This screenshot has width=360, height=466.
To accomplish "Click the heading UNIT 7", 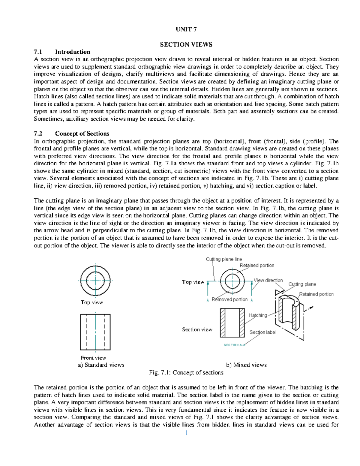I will coord(186,29).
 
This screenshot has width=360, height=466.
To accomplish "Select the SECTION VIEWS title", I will coord(186,44).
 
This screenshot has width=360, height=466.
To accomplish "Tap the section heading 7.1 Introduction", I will coord(62,52).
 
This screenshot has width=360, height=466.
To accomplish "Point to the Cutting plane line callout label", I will coord(224,259).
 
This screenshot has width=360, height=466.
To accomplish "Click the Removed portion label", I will coord(229,299).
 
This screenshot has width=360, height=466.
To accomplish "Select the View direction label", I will coord(268,280).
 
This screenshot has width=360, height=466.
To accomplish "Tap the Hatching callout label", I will coord(258,315).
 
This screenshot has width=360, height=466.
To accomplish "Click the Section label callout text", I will coord(263,332).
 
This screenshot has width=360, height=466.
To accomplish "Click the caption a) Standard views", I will coord(101,365).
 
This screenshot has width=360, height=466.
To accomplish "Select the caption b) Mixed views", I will coord(246,365).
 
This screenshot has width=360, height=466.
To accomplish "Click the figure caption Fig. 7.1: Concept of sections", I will coord(186,372).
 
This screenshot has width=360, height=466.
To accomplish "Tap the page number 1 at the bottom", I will coord(186,433).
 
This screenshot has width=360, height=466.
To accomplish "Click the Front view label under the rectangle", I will coord(93,358).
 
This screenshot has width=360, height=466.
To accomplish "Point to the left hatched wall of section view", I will coord(223,323).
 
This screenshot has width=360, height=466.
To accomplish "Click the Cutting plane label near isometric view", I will coord(302,284).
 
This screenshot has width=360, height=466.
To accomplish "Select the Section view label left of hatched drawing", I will coord(197,329).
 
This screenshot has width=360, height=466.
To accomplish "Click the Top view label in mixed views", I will coord(193,282).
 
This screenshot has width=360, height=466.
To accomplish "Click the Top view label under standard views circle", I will coord(92,302).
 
